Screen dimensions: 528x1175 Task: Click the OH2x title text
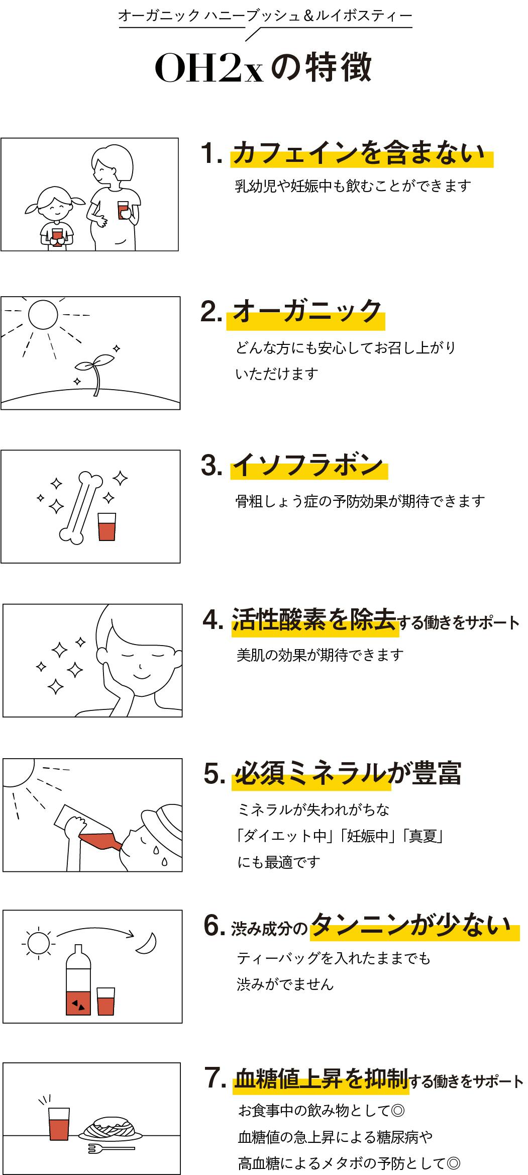[209, 69]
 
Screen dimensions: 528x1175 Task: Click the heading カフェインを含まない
[361, 153]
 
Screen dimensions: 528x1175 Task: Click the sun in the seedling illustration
[43, 315]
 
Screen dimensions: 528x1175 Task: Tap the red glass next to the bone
[107, 526]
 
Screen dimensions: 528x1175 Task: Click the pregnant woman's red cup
[123, 210]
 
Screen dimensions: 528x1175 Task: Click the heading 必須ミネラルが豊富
[347, 773]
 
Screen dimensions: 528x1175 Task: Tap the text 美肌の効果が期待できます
[320, 655]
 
